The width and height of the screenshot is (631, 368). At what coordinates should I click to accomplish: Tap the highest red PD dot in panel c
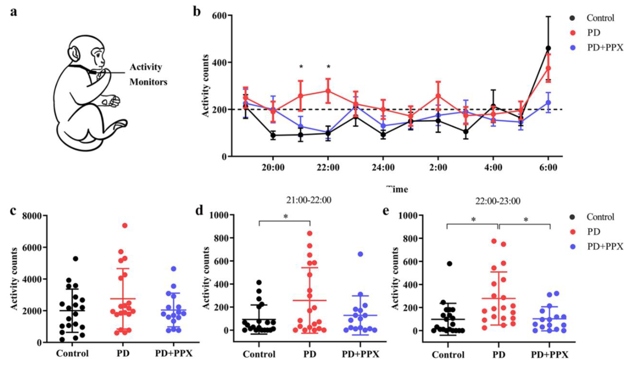click(125, 225)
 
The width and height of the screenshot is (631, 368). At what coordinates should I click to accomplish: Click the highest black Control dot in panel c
click(75, 259)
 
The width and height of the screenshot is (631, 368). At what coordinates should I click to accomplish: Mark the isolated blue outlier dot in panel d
click(360, 254)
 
